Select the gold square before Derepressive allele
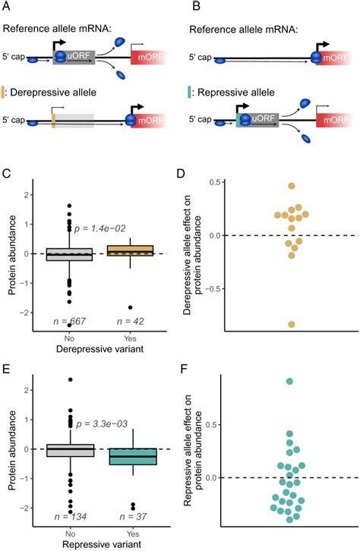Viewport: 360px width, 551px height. tap(6, 92)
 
